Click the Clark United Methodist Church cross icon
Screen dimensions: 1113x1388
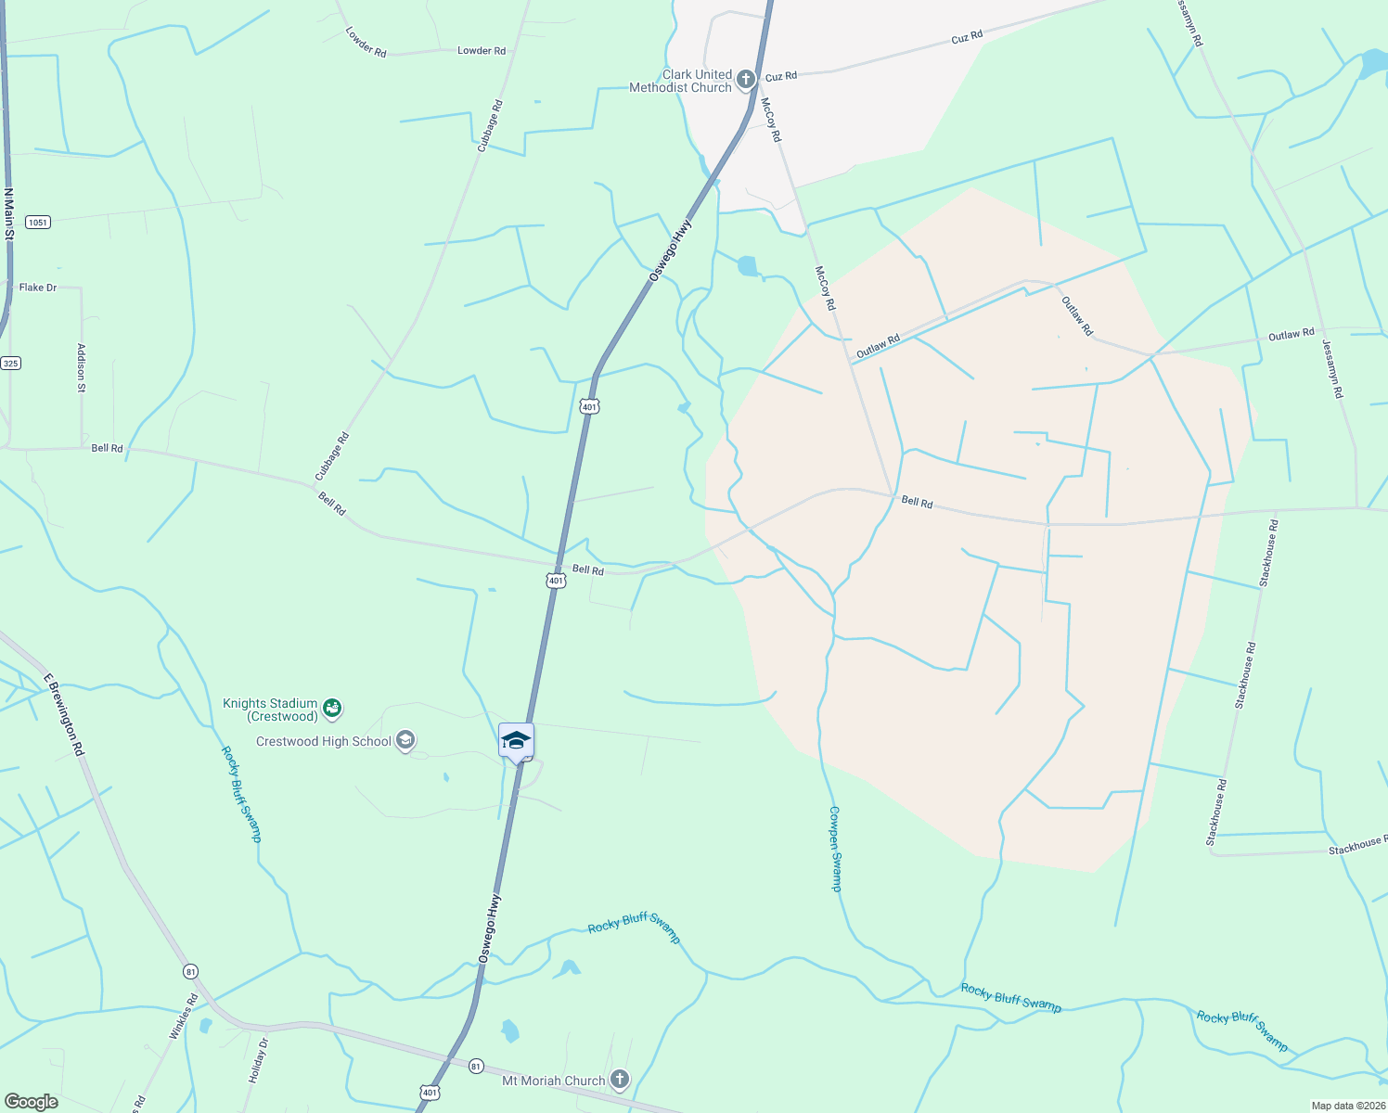[745, 81]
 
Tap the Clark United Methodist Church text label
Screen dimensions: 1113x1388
[681, 81]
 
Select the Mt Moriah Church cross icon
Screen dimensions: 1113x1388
[620, 1080]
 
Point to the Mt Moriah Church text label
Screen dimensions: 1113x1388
[553, 1081]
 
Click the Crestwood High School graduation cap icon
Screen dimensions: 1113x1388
[405, 740]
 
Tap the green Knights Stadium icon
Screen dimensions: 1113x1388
[332, 710]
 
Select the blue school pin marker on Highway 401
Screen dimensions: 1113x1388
[516, 741]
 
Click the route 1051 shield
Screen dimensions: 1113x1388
[38, 223]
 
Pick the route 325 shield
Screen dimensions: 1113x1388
[10, 363]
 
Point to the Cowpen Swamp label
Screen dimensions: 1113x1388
[835, 849]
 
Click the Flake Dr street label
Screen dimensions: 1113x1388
[38, 288]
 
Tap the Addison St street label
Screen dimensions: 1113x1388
[82, 368]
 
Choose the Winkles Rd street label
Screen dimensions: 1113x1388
[184, 1017]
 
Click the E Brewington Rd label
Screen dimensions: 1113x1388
[64, 714]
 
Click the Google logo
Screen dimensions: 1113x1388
[31, 1102]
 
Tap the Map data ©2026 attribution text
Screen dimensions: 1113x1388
[1347, 1106]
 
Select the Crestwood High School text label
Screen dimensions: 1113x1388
[324, 742]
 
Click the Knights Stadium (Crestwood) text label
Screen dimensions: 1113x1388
[270, 710]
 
